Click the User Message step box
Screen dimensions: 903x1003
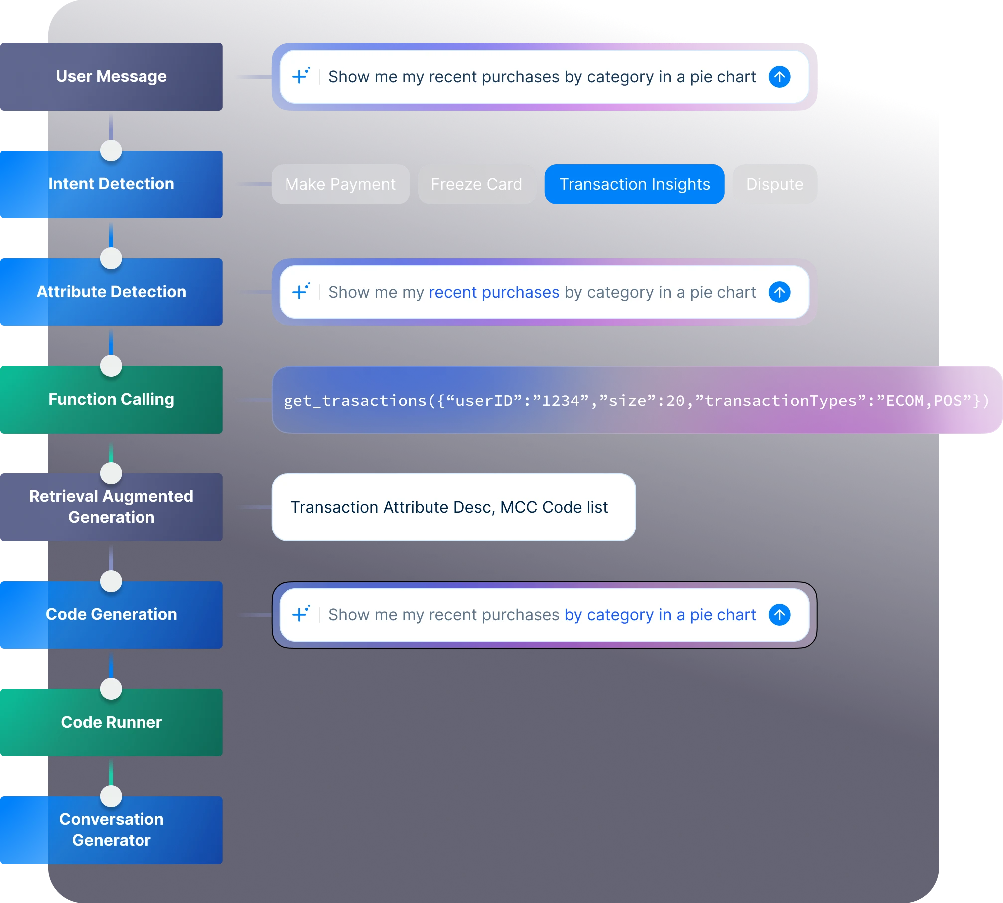tap(111, 77)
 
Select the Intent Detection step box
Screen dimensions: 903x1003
tap(111, 184)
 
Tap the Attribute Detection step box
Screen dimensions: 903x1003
tap(111, 292)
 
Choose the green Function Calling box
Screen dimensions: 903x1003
tap(111, 400)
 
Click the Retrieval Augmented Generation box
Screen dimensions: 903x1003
tap(111, 507)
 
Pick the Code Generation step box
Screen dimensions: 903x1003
tap(111, 615)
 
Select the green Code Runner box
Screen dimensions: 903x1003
tap(111, 723)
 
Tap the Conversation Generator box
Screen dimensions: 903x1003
tap(111, 830)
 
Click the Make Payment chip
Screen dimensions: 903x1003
tap(340, 184)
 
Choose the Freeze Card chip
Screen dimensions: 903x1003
tap(476, 184)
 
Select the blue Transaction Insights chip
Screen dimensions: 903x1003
tap(634, 184)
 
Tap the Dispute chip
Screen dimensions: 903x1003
tap(775, 184)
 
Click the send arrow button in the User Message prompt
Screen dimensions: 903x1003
tap(779, 77)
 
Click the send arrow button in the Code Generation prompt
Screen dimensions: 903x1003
tap(779, 615)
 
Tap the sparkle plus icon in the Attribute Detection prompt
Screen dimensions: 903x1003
tap(300, 291)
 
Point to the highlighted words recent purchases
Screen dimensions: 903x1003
tap(494, 292)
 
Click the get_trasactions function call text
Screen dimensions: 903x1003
tap(636, 400)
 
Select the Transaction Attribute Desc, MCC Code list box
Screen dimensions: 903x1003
tap(453, 507)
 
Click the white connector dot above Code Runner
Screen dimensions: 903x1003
tap(111, 689)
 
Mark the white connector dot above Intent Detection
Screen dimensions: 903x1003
tap(111, 150)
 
